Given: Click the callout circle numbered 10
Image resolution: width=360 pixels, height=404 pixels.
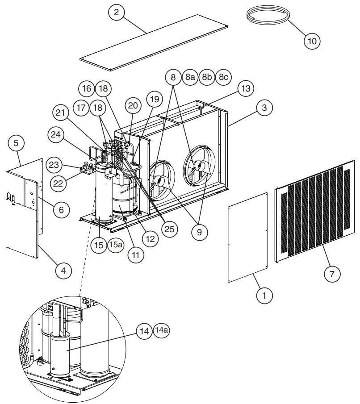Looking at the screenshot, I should click(312, 41).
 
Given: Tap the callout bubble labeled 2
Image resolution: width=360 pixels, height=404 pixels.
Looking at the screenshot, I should click(116, 12).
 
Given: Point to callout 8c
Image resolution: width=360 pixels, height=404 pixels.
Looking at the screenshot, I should click(223, 77).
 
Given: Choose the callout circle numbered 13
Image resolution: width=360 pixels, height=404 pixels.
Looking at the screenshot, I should click(245, 88).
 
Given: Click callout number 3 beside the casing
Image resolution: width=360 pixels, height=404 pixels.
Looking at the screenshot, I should click(264, 108).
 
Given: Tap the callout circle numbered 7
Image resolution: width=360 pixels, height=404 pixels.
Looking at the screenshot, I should click(332, 274).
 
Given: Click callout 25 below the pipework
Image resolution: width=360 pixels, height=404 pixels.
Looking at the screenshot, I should click(169, 229).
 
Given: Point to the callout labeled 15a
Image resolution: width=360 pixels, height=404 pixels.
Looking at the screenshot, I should click(115, 245).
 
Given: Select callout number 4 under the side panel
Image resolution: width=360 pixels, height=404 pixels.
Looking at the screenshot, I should click(64, 271).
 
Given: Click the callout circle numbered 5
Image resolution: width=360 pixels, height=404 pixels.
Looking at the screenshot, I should click(16, 143).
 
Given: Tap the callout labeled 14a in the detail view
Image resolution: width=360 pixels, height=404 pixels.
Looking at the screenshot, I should click(162, 330).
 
